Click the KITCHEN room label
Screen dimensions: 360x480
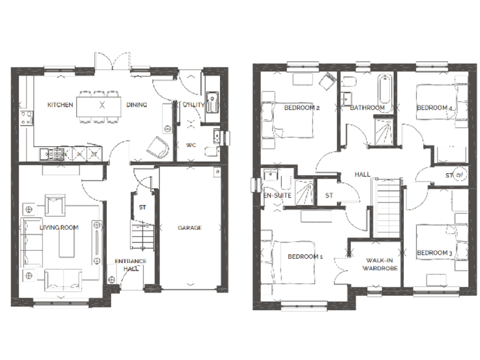61,105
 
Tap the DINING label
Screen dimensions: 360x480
137,105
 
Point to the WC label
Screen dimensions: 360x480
191,145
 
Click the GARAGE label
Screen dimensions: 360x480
189,228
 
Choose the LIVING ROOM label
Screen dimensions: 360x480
59,227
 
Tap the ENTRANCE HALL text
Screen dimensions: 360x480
131,264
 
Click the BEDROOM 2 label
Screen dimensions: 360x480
302,108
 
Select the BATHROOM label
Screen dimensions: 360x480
367,108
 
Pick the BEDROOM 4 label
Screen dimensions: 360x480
434,108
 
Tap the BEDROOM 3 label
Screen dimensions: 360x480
434,252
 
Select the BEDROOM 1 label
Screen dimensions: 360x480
306,256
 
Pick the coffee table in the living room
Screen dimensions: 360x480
66,239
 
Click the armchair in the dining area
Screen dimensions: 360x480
159,147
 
